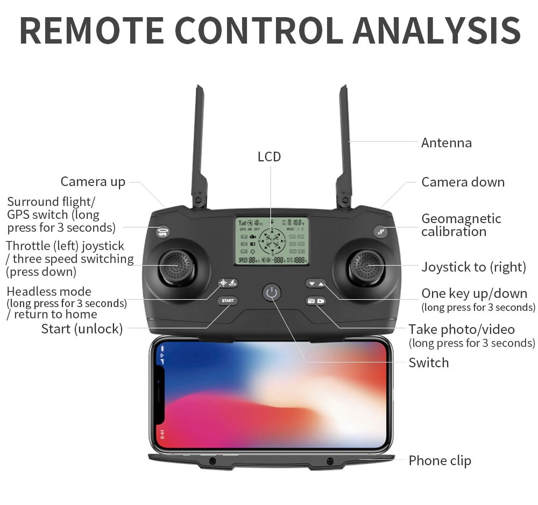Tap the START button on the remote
tap(227, 301)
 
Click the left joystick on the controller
tap(177, 267)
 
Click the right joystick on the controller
tap(366, 267)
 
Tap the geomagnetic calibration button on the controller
tap(380, 232)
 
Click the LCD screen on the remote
tap(272, 241)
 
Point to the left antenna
tap(198, 146)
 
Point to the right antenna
tap(345, 146)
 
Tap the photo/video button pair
tap(316, 301)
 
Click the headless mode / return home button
tap(228, 283)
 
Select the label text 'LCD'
tap(269, 157)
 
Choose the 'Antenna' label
tap(446, 143)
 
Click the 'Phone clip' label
tap(440, 460)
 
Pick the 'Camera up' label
tap(93, 182)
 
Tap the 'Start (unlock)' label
tap(82, 329)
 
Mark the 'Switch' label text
tap(429, 363)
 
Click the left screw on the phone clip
tap(213, 461)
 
